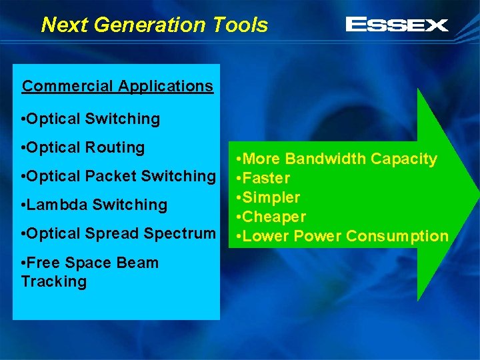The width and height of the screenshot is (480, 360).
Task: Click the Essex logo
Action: point(397,25)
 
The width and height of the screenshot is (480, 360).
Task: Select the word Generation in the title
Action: point(150,25)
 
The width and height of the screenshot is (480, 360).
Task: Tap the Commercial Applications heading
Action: point(117,86)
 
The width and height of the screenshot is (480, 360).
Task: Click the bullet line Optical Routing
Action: point(83,147)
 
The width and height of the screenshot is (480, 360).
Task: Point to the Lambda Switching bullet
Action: point(94,205)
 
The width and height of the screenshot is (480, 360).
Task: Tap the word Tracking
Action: point(53,281)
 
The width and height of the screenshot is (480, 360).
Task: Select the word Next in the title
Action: point(65,25)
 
